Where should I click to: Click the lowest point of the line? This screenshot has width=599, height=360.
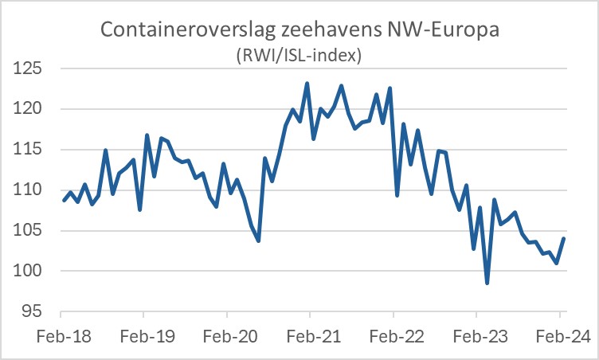pyautogui.click(x=487, y=283)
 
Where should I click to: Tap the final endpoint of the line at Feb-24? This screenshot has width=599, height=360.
pyautogui.click(x=564, y=238)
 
